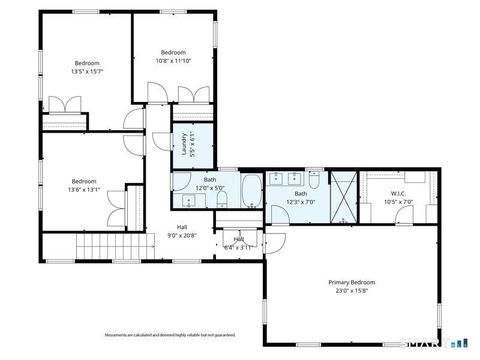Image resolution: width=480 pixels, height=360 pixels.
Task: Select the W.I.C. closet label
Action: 397,194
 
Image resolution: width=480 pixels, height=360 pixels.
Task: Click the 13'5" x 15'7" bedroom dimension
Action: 87,72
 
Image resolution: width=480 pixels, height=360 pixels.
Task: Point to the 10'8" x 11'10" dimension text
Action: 173,60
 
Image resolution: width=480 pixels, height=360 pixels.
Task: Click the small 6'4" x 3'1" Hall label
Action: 240,240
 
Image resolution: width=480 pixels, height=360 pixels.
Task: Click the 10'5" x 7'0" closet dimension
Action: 397,202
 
